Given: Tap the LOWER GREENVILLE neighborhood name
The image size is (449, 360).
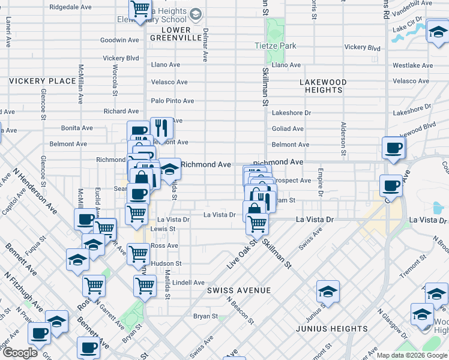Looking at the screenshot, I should [x=170, y=34].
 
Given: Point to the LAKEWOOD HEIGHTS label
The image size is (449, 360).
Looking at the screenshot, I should [x=323, y=86].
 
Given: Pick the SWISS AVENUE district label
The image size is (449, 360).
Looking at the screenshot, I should [x=239, y=290].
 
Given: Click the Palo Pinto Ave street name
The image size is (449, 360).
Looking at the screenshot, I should [x=172, y=101].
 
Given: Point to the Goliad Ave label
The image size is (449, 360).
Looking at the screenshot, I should [x=288, y=128].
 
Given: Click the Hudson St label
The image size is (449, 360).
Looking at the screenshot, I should [x=166, y=263].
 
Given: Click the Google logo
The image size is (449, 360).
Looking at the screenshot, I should [x=19, y=353].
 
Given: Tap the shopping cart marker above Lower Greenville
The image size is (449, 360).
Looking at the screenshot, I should [x=140, y=9].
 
